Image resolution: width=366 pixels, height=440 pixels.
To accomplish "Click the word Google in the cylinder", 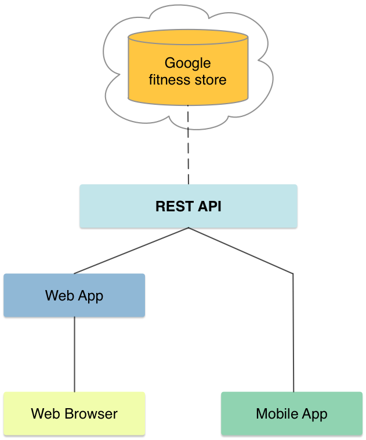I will pyautogui.click(x=187, y=63).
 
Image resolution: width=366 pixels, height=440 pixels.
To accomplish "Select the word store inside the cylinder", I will pyautogui.click(x=211, y=80).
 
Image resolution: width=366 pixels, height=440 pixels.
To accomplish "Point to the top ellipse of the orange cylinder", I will pyautogui.click(x=188, y=38).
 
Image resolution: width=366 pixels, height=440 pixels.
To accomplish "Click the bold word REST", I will pyautogui.click(x=170, y=207).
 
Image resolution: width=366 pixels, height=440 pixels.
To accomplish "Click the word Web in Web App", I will pyautogui.click(x=59, y=296).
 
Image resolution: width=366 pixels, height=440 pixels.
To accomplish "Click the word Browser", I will pyautogui.click(x=92, y=414).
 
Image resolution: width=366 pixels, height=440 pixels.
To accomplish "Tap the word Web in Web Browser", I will pyautogui.click(x=44, y=414).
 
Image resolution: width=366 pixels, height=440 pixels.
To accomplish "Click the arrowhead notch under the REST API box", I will pyautogui.click(x=188, y=229).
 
